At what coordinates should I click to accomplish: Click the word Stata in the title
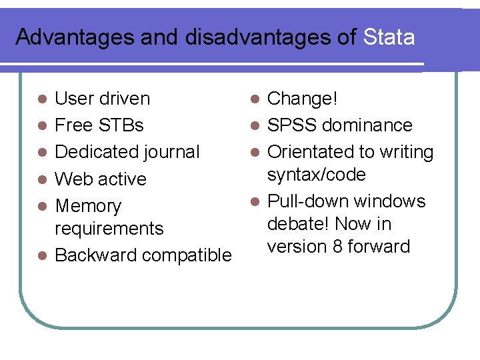coord(389,37)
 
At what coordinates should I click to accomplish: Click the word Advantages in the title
coord(75,37)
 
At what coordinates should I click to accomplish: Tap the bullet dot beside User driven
coord(41,99)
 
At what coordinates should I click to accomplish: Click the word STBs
coord(121,125)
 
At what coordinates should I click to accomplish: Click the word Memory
coord(88,207)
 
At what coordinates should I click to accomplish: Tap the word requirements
coord(109,229)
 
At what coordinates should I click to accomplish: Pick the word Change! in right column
coord(303,99)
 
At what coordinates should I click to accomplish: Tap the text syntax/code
coord(316,175)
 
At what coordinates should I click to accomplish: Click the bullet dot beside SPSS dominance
coord(253,126)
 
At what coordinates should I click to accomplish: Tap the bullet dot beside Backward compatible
coord(41,256)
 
